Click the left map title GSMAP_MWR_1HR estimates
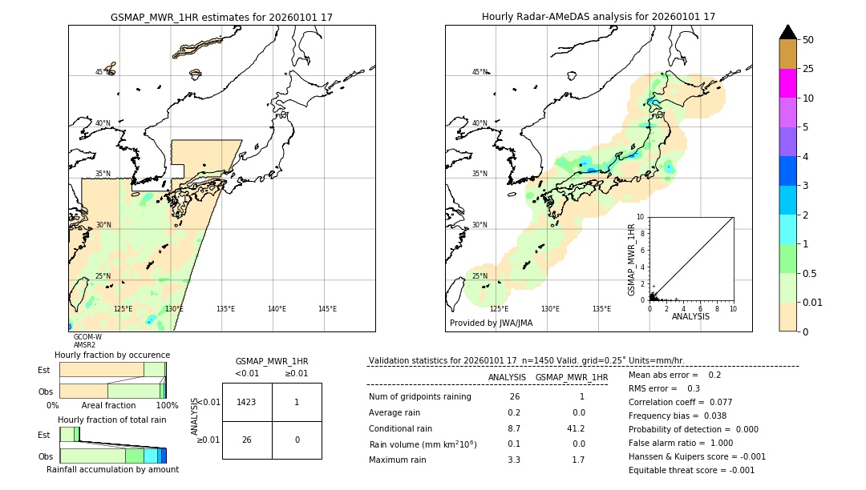coord(221,17)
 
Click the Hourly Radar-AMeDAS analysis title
coord(598,17)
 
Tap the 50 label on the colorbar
coord(808,40)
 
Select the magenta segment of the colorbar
coord(788,83)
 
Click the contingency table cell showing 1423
coord(246,402)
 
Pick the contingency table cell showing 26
coord(246,440)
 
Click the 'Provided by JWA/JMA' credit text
coord(491,323)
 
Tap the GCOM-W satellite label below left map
coord(87,337)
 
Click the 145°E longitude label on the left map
coord(327,309)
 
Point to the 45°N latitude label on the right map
coord(480,72)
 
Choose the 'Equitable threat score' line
coord(691,470)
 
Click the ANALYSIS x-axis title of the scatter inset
coord(690,316)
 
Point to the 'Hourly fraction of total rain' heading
coord(112,420)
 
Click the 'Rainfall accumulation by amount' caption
coord(112,470)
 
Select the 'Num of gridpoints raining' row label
coord(419,397)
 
